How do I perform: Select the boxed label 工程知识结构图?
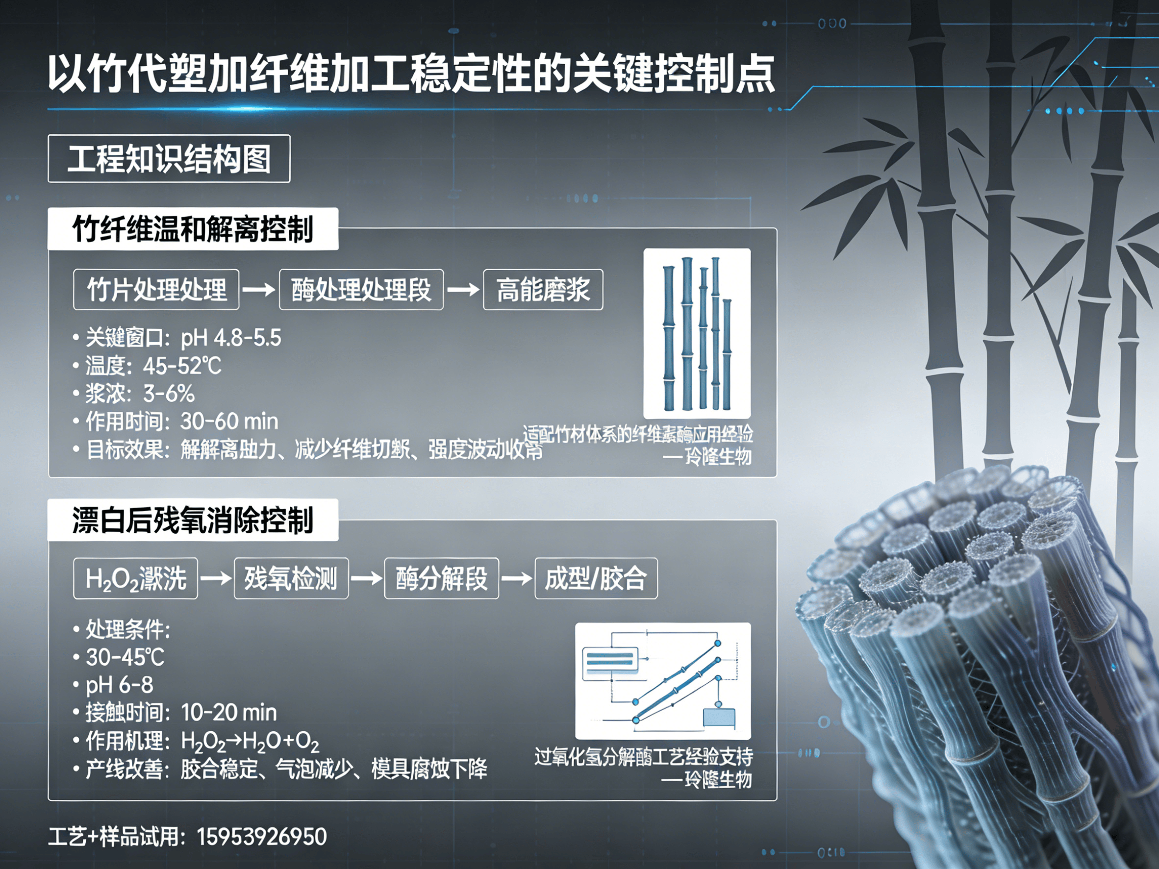point(169,159)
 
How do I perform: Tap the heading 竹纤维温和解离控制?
point(193,229)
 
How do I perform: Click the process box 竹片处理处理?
point(156,290)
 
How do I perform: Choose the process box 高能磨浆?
point(543,290)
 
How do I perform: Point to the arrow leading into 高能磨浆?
point(463,290)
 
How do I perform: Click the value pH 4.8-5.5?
point(231,338)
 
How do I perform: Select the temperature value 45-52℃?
point(182,366)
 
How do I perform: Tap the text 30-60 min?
point(229,422)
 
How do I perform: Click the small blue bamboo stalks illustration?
point(697,333)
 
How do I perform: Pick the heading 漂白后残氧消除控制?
point(193,520)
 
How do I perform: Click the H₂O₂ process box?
point(136,578)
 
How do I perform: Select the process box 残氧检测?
point(291,578)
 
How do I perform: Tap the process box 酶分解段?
point(441,578)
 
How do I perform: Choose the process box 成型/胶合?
point(596,578)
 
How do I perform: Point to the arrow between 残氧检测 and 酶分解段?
point(366,578)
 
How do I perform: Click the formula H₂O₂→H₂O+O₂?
point(250,741)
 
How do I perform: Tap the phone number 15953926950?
point(262,837)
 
